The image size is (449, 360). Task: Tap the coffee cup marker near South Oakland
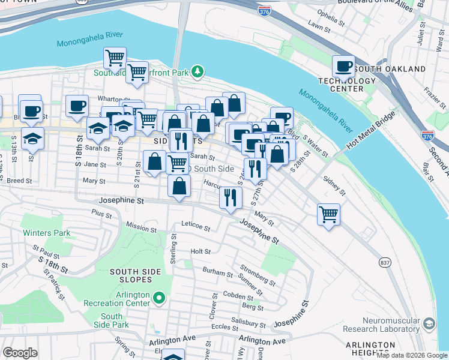(x=343, y=66)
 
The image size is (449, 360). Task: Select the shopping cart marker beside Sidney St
(x=328, y=214)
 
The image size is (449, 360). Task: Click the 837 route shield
(x=384, y=263)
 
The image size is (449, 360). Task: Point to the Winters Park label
(x=46, y=233)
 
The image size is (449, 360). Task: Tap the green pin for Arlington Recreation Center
(x=158, y=296)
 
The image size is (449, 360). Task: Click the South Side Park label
(x=112, y=320)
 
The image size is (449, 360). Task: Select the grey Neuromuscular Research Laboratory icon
(x=429, y=323)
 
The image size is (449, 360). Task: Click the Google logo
(x=20, y=352)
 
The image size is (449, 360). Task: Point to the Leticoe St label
(x=196, y=228)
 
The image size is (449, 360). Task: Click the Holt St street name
(x=200, y=252)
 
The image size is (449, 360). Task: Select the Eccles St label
(x=225, y=327)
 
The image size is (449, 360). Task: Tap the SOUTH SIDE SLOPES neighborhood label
(x=135, y=276)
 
